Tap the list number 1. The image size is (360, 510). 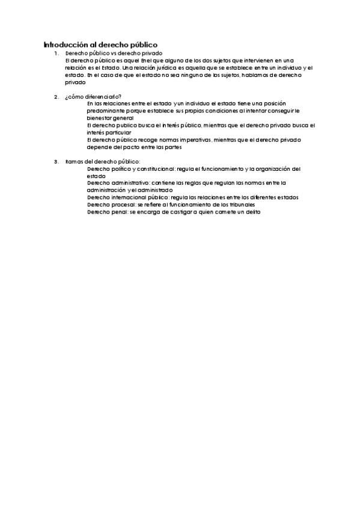tap(56, 54)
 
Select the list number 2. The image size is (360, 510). tap(56, 97)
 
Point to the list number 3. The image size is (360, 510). tap(56, 161)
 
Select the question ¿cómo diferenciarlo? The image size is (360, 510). tap(93, 97)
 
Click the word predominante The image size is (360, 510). tap(106, 111)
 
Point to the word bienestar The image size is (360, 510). tap(99, 118)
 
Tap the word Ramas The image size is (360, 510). tap(74, 161)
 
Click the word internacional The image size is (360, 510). tap(130, 197)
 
